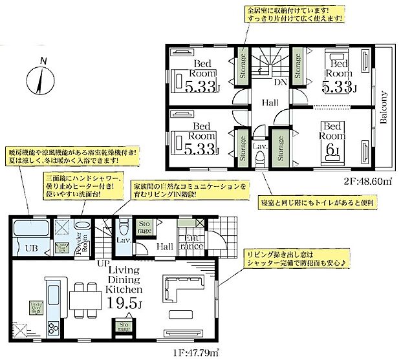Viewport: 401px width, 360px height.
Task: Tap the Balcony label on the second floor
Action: pos(383,107)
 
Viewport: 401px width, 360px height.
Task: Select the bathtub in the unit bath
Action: pos(31,229)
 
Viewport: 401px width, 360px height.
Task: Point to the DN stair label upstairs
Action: pos(281,83)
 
